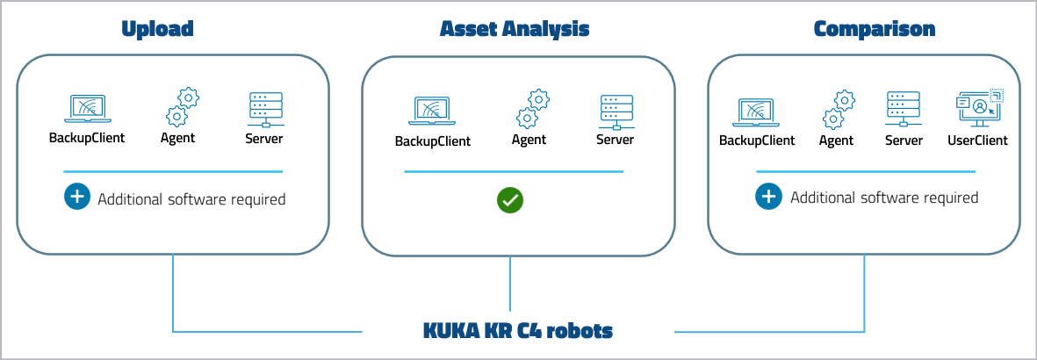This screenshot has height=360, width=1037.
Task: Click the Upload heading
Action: tap(157, 29)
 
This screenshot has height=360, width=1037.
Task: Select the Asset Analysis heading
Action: tap(515, 29)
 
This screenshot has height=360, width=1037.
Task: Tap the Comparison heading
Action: tap(874, 29)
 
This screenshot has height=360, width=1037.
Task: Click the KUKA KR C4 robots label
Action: tap(517, 332)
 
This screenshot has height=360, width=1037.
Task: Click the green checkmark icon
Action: tap(510, 200)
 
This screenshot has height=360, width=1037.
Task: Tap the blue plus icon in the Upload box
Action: tap(77, 198)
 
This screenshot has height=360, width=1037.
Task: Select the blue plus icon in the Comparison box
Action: tap(768, 197)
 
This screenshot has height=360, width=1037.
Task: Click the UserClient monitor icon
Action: tap(977, 108)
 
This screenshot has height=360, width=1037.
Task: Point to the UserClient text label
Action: tap(977, 140)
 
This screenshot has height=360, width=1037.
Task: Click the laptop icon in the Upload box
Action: tap(86, 109)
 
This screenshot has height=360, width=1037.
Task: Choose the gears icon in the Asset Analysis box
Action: tap(532, 108)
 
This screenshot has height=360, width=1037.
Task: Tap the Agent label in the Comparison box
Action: tap(836, 140)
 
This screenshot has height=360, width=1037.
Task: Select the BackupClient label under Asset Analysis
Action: tap(432, 140)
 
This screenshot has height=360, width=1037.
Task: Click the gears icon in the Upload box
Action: tap(181, 107)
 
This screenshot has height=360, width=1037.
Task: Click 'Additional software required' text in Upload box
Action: tap(191, 199)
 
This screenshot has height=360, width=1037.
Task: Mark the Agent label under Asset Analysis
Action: tap(529, 140)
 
